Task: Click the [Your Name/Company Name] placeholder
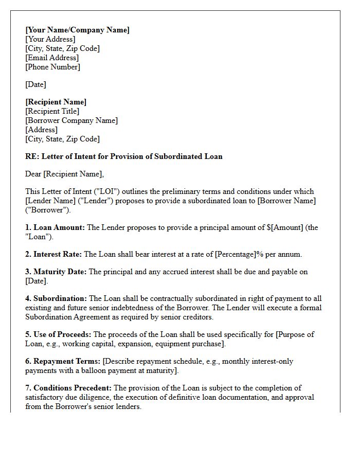pyautogui.click(x=77, y=30)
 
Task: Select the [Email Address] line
pyautogui.click(x=52, y=58)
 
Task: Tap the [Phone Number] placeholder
pyautogui.click(x=52, y=67)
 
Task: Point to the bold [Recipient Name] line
pyautogui.click(x=56, y=102)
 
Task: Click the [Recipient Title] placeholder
pyautogui.click(x=52, y=111)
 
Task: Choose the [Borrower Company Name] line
pyautogui.click(x=71, y=120)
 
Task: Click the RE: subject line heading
pyautogui.click(x=123, y=156)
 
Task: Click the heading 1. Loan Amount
pyautogui.click(x=55, y=227)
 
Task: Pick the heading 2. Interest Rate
pyautogui.click(x=53, y=254)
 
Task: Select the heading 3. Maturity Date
pyautogui.click(x=56, y=272)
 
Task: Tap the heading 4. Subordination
pyautogui.click(x=56, y=298)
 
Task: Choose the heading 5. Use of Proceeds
pyautogui.click(x=58, y=334)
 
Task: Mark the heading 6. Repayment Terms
pyautogui.click(x=63, y=361)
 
